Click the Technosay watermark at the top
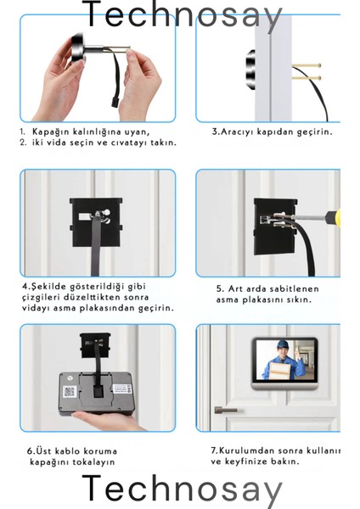click(181, 14)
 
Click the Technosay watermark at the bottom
click(181, 491)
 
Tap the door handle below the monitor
click(227, 410)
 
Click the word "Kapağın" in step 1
click(50, 131)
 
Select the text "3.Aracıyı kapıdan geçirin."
click(272, 131)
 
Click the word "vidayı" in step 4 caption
click(40, 308)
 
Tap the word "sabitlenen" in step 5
click(296, 288)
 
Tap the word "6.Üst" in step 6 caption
click(38, 450)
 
